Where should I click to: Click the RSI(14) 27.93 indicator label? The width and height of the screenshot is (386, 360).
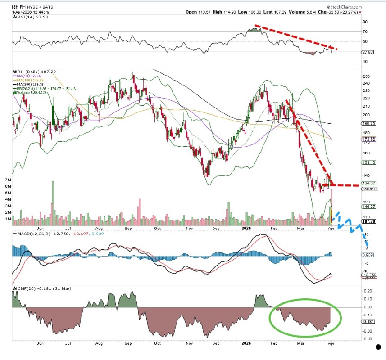[x=27, y=17]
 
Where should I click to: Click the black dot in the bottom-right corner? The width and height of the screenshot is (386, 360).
[x=379, y=347]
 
